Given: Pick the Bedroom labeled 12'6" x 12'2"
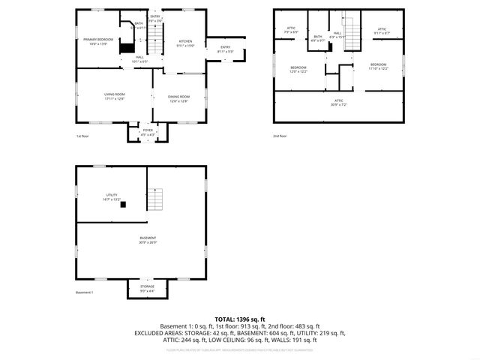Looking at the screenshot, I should point(298,69).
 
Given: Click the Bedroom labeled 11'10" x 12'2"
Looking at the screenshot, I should point(378,66).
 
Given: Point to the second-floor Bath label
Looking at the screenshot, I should point(318,38).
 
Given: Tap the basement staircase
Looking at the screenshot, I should point(155,199).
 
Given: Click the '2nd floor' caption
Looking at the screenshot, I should point(280,136).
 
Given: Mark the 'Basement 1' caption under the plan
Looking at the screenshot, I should point(84,292).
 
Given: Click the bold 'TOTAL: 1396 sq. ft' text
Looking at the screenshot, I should point(240,319).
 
